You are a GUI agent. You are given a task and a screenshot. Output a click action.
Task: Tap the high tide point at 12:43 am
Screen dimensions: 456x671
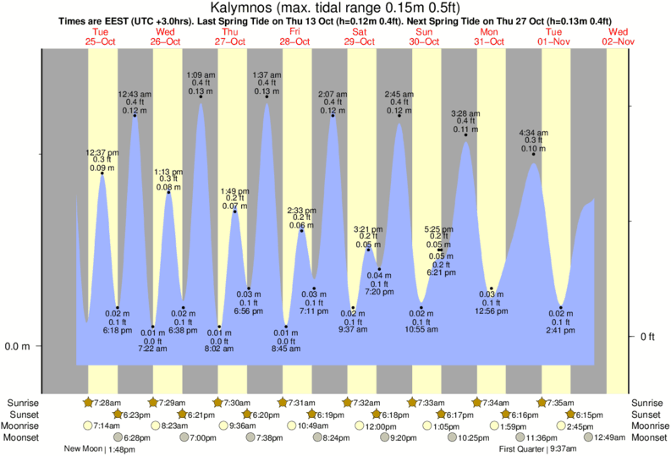135,115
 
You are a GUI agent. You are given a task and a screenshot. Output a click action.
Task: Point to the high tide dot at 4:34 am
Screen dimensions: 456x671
533,154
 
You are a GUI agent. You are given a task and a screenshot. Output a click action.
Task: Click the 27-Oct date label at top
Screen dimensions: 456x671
231,41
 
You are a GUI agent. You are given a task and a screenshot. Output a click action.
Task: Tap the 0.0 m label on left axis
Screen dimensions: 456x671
18,347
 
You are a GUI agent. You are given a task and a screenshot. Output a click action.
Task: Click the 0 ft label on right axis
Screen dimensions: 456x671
648,337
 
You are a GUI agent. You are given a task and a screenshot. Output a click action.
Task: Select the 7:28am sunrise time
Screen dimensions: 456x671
108,402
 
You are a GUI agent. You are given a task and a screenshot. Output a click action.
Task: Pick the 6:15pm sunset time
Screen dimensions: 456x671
590,414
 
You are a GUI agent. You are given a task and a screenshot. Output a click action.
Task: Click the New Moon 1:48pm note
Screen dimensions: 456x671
99,449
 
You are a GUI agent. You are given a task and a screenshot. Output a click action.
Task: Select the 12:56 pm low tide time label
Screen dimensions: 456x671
492,310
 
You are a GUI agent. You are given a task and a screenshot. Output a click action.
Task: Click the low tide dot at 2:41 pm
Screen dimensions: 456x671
561,307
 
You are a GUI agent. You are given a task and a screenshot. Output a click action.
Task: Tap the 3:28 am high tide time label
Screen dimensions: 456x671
465,113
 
